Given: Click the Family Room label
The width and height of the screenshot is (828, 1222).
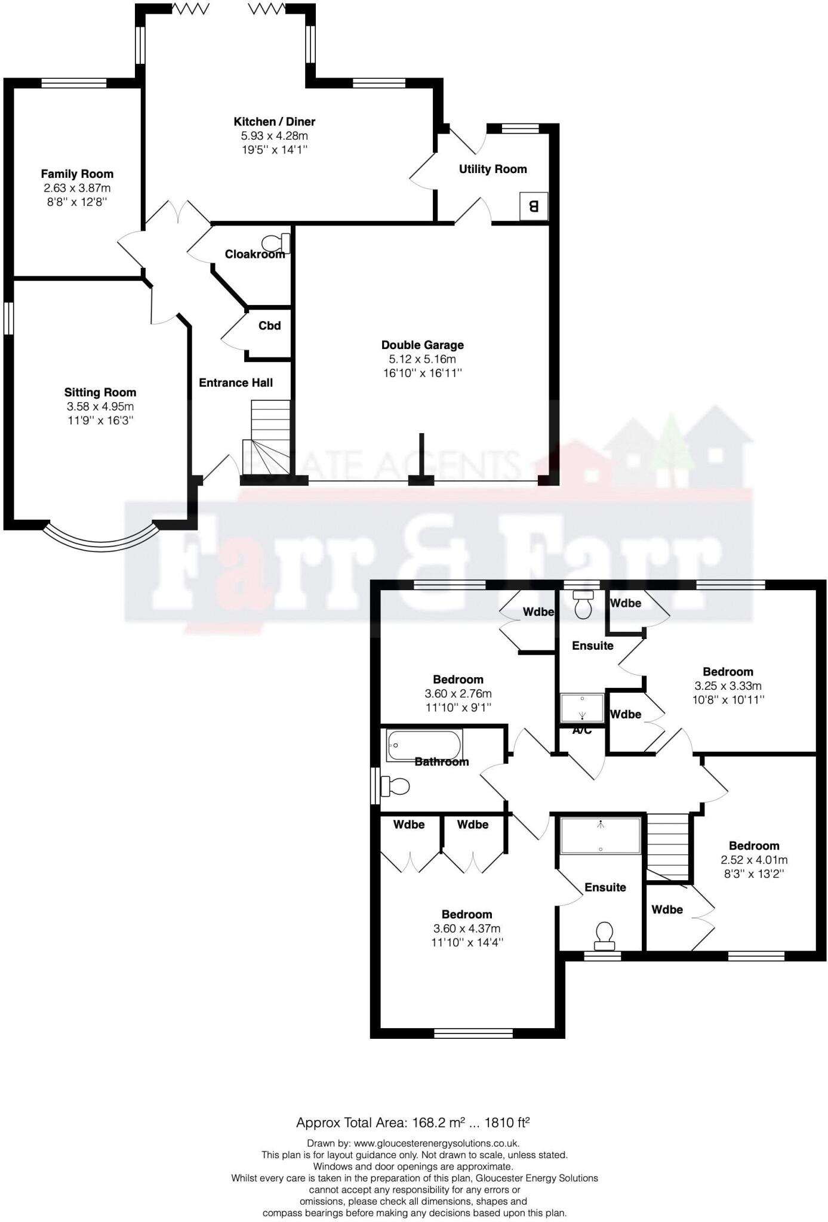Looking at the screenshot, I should pos(77,174).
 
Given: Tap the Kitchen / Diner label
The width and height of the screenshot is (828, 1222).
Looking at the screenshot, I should pos(274,122).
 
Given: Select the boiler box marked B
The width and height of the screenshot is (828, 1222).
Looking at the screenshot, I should pos(534,206).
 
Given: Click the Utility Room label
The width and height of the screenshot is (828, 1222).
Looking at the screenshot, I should pos(493,169).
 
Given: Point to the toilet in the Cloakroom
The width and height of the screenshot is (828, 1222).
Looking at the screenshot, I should pos(277,243).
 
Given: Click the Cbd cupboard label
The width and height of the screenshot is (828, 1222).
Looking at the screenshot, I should pos(269,326).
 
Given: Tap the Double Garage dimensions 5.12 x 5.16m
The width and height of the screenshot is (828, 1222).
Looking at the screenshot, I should pos(422,359).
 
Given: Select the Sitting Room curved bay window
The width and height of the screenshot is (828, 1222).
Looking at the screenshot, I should pos(101,541).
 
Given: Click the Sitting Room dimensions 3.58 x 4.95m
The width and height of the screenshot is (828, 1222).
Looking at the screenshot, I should pos(100,406).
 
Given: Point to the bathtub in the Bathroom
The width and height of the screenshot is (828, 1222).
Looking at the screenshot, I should pos(424,745).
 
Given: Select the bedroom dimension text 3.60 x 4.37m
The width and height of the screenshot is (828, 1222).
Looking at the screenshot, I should pos(467,928).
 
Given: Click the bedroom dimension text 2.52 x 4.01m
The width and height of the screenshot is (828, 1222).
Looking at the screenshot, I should pos(754,860).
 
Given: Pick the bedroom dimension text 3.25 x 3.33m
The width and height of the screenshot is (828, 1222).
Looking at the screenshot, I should pos(728,686).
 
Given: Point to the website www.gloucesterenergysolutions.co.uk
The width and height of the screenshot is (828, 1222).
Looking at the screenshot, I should pos(436,1143).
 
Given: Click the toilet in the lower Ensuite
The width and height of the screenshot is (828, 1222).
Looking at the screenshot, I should pos(605,934).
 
